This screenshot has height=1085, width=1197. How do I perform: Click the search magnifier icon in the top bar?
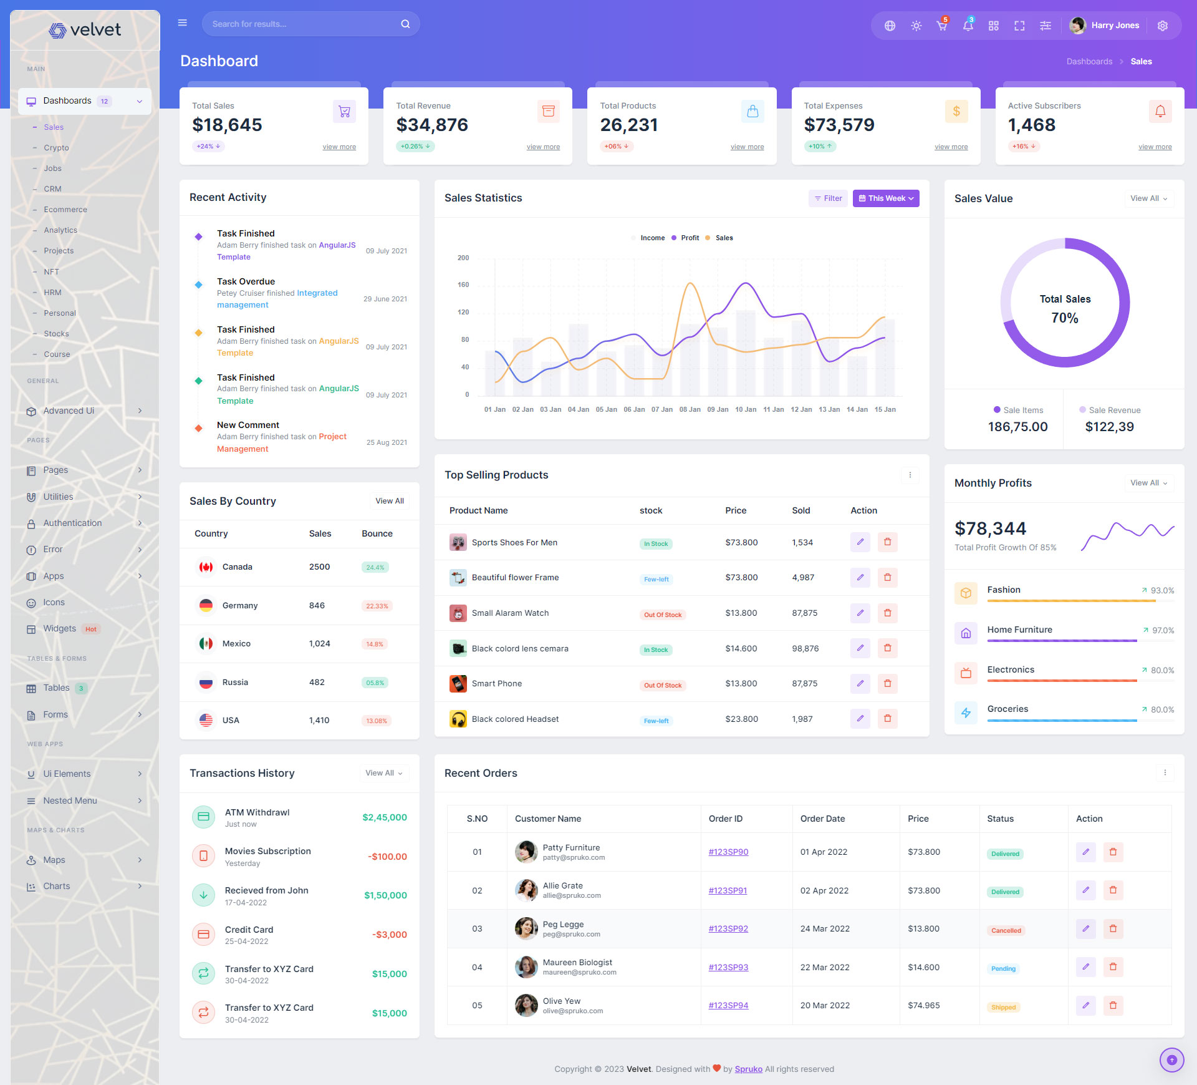coord(405,24)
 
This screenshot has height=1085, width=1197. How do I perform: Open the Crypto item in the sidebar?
coord(56,148)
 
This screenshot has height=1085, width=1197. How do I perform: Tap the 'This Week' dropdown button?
coord(885,198)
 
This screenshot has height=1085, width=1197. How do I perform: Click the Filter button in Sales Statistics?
coord(828,198)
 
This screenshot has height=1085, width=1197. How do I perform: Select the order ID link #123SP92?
coord(728,928)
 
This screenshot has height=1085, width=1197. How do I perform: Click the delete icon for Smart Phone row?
coord(887,683)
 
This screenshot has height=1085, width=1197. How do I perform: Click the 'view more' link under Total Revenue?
coord(542,147)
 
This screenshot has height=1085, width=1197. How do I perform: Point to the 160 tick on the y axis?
coord(463,285)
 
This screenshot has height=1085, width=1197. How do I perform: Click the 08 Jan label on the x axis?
coord(690,410)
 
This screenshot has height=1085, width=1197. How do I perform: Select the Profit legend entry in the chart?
coord(689,238)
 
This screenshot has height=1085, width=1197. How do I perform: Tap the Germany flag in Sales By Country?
coord(206,605)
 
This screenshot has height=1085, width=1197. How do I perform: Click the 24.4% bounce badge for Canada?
coord(375,568)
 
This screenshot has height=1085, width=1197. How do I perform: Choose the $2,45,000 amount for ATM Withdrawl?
coord(384,817)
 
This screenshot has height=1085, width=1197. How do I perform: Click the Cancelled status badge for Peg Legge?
coord(1006,930)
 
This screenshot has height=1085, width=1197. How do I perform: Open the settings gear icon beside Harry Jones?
coord(1162,26)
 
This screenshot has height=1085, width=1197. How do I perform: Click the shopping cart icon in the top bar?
coord(941,26)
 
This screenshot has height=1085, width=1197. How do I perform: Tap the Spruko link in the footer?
coord(748,1069)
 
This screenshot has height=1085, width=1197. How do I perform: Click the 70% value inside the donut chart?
coord(1064,318)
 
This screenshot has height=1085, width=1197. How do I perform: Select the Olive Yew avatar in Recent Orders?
coord(526,1005)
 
